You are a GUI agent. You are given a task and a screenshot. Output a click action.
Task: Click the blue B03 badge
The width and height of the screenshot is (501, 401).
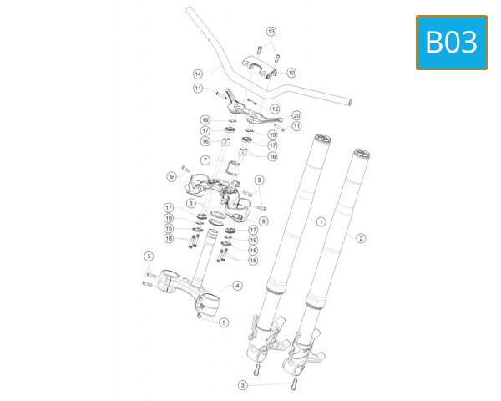pyautogui.click(x=452, y=42)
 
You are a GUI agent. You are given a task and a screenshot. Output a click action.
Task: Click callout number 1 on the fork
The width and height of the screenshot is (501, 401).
pyautogui.click(x=320, y=221)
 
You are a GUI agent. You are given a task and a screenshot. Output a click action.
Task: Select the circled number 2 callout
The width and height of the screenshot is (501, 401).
pyautogui.click(x=361, y=237)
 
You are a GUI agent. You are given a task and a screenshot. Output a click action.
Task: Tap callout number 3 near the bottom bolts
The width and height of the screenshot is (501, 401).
pyautogui.click(x=242, y=385)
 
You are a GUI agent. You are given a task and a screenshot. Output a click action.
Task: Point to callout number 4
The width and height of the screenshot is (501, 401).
pyautogui.click(x=237, y=286)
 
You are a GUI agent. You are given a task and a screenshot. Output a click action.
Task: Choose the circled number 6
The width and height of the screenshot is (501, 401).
pyautogui.click(x=190, y=203)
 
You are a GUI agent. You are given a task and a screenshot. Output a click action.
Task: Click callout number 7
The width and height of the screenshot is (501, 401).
pyautogui.click(x=205, y=160)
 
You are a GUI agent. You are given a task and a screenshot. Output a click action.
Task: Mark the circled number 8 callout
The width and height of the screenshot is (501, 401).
pyautogui.click(x=263, y=221)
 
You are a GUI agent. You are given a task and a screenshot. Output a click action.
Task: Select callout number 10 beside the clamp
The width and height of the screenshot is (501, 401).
pyautogui.click(x=291, y=73)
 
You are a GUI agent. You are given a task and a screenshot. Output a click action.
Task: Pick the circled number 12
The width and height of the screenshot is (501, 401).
pyautogui.click(x=275, y=109)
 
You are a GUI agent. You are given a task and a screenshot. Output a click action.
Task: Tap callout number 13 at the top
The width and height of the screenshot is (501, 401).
pyautogui.click(x=271, y=31)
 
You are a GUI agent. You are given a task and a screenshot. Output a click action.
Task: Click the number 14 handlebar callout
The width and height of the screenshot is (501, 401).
pyautogui.click(x=198, y=73)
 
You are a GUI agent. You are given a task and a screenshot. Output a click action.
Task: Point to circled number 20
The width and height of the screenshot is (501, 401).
pyautogui.click(x=296, y=115)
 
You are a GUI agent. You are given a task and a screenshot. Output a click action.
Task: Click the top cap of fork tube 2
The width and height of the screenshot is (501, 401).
pyautogui.click(x=362, y=153)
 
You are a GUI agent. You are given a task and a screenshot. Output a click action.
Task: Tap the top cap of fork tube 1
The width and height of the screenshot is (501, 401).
pyautogui.click(x=321, y=136)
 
